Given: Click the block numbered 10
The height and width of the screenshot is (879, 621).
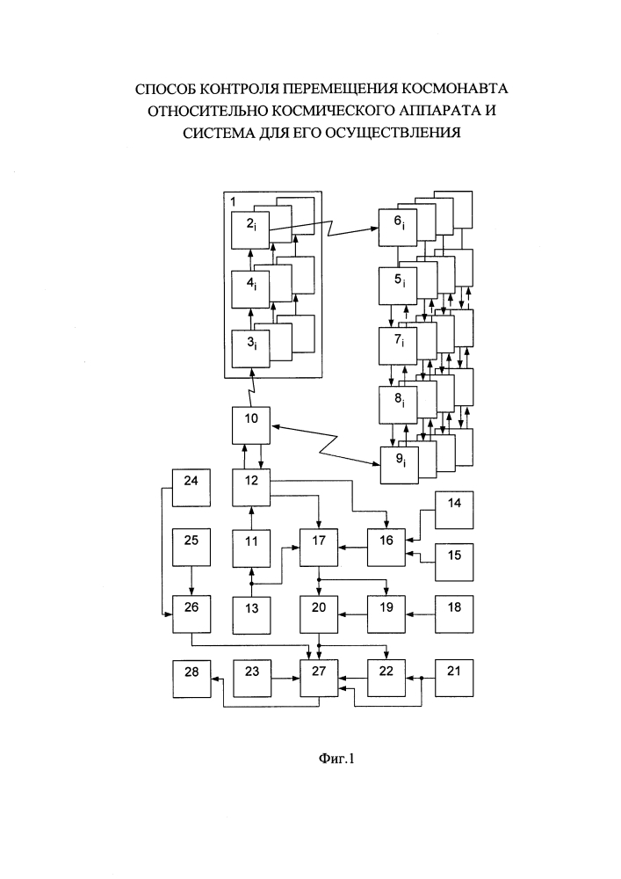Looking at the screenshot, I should click(x=252, y=426).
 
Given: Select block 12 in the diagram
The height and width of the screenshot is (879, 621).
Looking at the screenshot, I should click(x=252, y=488).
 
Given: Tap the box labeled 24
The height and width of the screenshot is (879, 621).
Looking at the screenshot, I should click(x=191, y=488).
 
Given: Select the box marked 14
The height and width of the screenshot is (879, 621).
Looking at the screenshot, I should click(x=453, y=511).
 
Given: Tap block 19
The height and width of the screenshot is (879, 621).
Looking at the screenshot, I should click(x=387, y=613).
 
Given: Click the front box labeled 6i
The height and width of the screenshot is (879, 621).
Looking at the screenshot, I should click(x=400, y=230).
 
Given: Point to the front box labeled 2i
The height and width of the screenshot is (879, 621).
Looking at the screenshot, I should click(x=251, y=230).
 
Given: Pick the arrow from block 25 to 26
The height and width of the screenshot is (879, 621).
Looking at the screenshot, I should click(x=191, y=582).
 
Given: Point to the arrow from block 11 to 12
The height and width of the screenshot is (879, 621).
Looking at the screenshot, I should click(x=252, y=519).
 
